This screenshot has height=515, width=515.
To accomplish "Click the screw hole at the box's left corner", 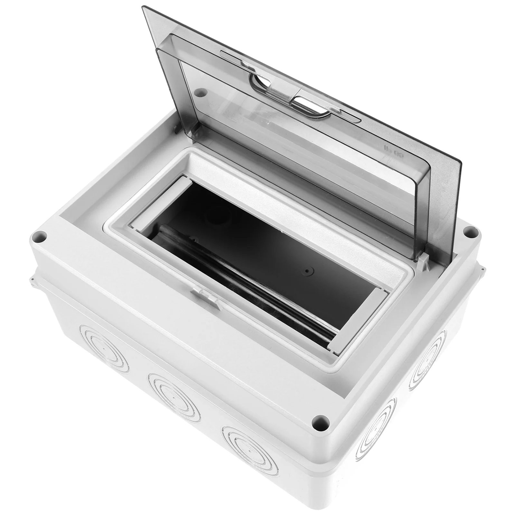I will (39, 237).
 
